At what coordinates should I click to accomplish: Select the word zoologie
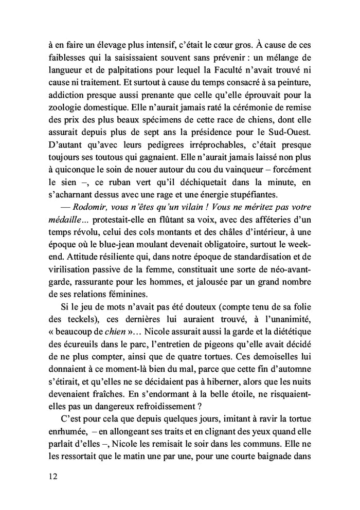59,108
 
